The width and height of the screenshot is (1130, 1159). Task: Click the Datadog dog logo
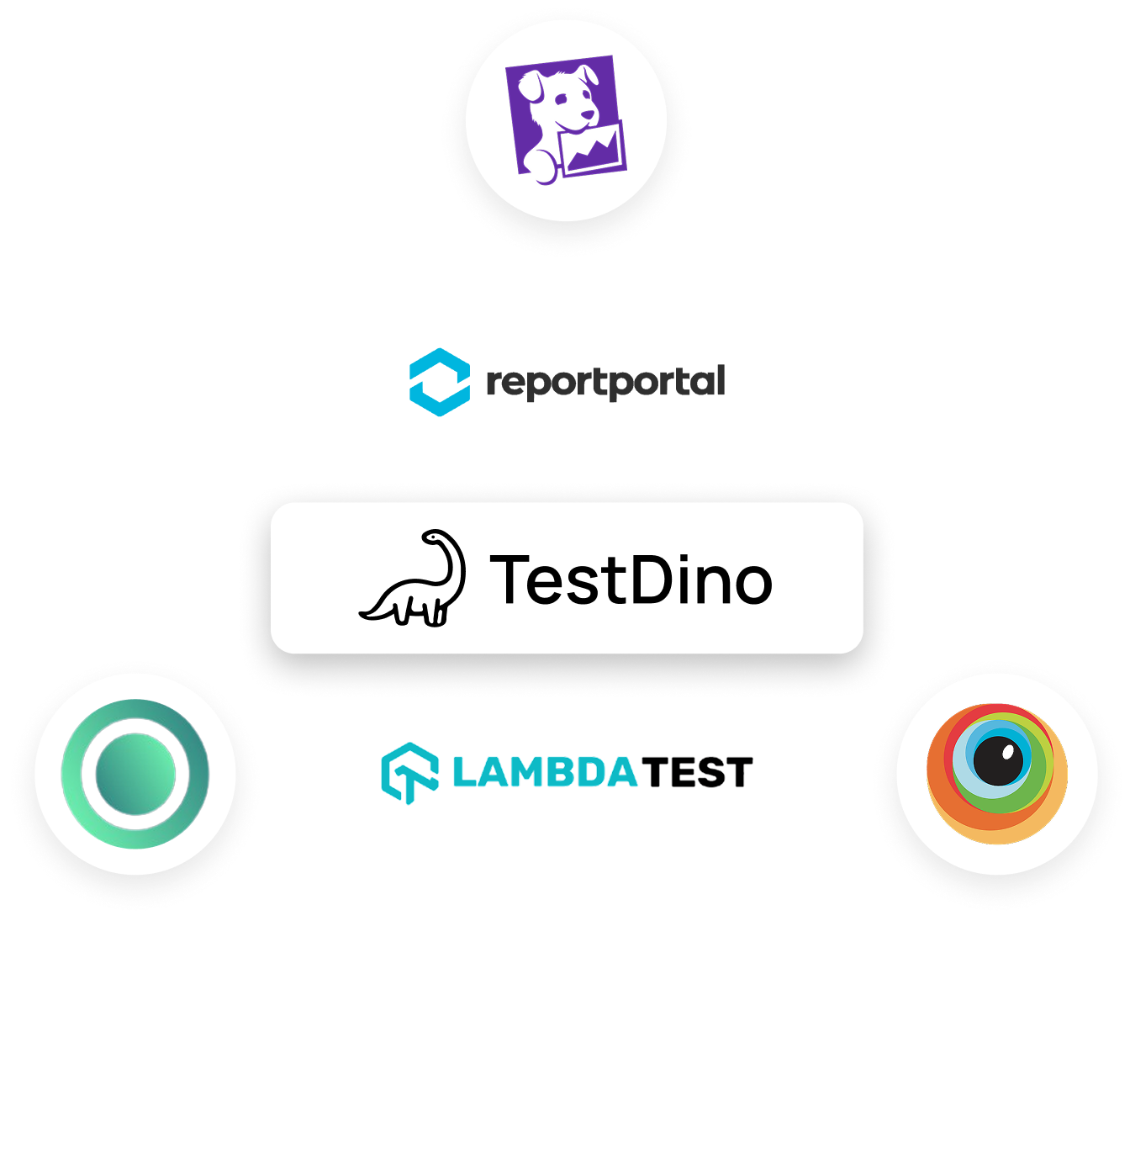566,119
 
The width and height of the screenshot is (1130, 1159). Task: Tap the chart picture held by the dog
594,151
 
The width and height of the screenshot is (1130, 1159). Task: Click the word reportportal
605,383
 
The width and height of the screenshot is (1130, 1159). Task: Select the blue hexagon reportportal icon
439,382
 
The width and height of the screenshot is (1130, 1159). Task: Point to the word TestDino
631,579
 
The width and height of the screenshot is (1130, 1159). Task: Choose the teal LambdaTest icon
409,773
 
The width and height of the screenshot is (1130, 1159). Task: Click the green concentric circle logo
135,774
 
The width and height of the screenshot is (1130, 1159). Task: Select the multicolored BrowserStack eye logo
997,774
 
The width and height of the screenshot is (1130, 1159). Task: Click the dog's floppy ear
531,85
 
